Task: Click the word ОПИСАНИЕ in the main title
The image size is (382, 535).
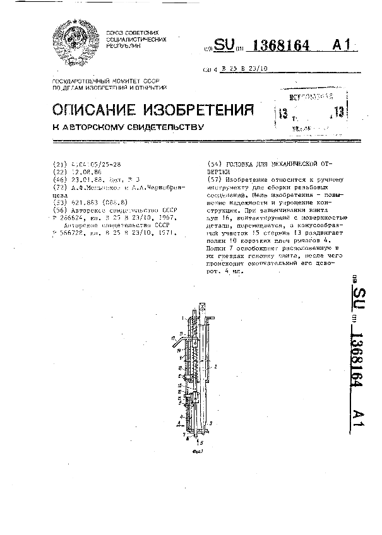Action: pos(93,110)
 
